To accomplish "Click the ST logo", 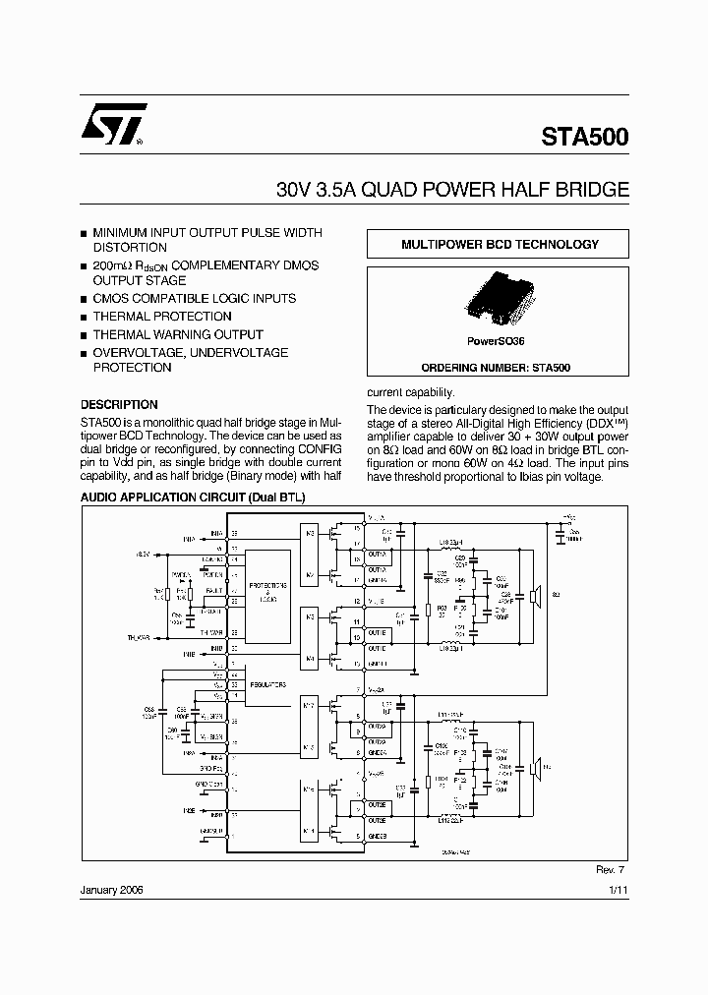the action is (114, 125).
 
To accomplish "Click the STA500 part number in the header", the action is (584, 138).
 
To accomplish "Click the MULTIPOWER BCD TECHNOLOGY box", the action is (498, 245).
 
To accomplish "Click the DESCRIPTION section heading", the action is (119, 404).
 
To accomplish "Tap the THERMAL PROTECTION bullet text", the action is (162, 317).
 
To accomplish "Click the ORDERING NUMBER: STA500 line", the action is (497, 367).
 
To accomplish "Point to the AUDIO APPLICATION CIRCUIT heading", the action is (193, 497).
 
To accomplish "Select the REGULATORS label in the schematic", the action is (265, 682).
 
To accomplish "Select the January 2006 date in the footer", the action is (111, 888).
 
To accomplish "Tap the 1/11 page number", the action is (617, 888).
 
